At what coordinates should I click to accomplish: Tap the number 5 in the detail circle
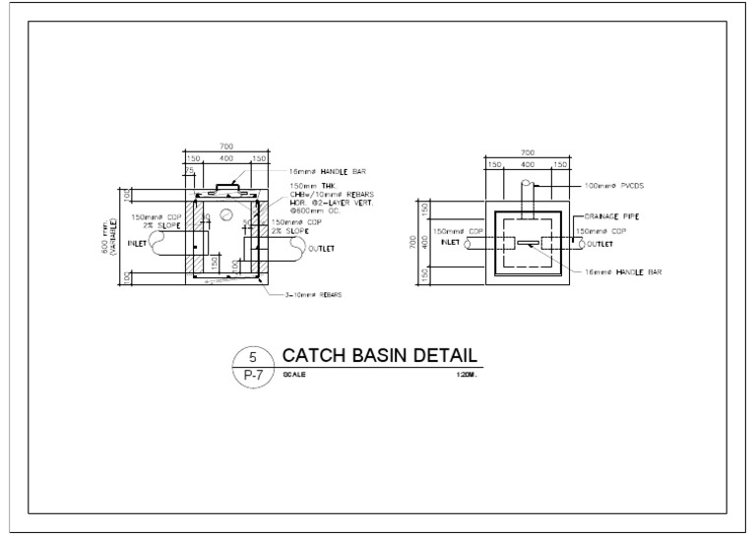(252, 359)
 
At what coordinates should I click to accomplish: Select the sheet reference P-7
(252, 376)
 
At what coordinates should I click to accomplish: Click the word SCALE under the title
(294, 375)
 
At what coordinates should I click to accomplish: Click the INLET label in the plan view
(451, 242)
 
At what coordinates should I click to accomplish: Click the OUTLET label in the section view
(321, 249)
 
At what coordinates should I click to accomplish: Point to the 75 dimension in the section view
(191, 169)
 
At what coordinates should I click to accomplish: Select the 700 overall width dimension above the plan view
(527, 152)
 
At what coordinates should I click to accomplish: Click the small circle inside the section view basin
(225, 212)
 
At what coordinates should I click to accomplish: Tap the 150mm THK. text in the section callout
(308, 185)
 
